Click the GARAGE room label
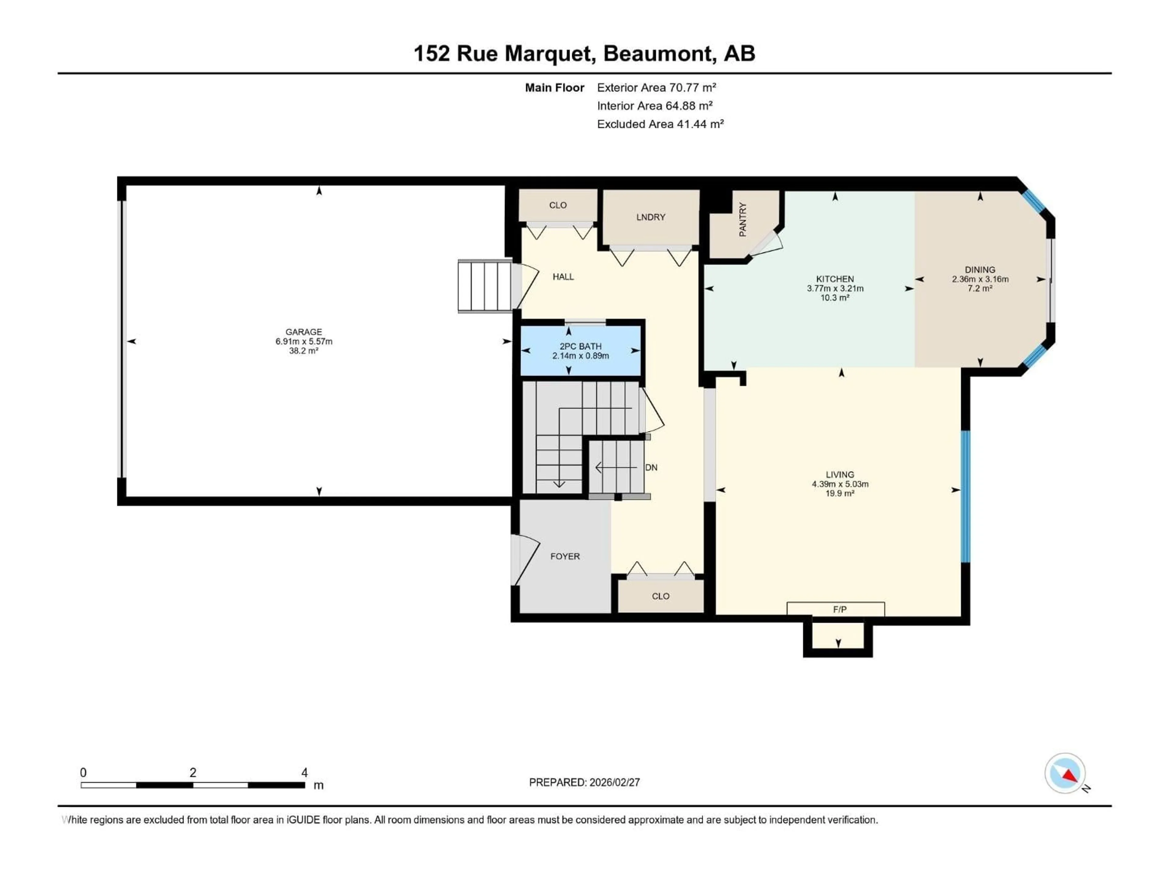tap(303, 332)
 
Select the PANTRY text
tap(743, 219)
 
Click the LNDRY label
tap(651, 217)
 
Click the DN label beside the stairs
tap(651, 467)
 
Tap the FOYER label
tap(565, 556)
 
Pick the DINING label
tap(980, 269)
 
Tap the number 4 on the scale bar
tap(305, 772)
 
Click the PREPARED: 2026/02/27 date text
tap(584, 782)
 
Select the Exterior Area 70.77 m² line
tap(656, 88)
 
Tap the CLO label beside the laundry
tap(558, 205)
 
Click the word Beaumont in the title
tap(658, 53)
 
